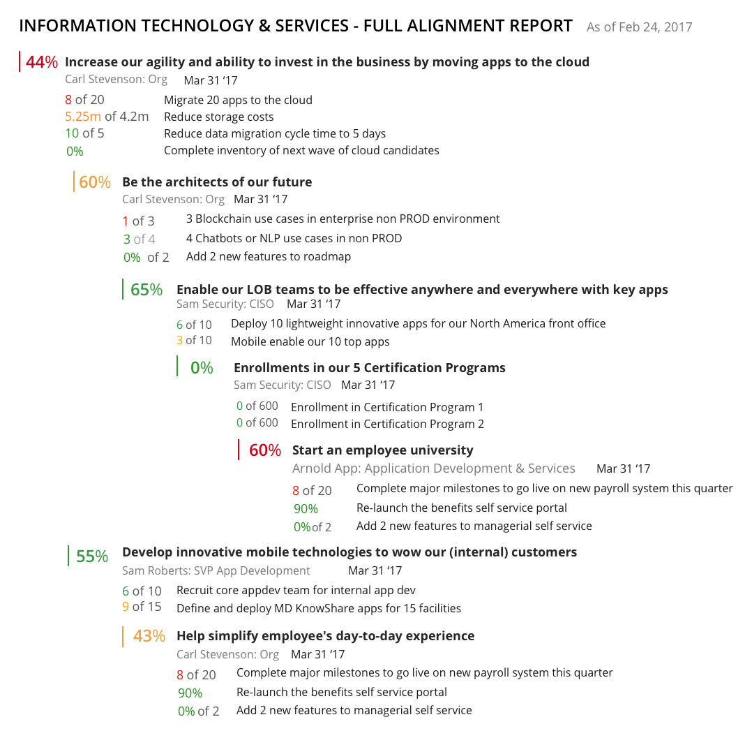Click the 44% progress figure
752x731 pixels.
(42, 62)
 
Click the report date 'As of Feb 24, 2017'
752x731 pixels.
(639, 27)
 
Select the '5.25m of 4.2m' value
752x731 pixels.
(107, 117)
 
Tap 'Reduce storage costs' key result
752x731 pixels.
(218, 117)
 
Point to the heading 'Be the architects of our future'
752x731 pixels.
(217, 182)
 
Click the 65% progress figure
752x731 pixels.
(146, 290)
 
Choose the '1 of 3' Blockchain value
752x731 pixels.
(138, 221)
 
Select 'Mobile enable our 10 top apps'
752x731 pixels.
(310, 341)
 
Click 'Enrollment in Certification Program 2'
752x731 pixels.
(387, 424)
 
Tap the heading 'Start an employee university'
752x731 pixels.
(382, 450)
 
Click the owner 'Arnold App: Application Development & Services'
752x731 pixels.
(433, 468)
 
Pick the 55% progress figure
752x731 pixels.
(92, 556)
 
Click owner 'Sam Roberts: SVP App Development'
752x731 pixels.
(216, 570)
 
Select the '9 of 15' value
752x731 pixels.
(142, 607)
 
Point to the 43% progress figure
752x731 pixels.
(149, 636)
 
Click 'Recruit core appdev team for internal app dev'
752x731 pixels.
(296, 591)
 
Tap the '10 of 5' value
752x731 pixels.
(84, 133)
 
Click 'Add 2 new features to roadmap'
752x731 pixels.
(268, 256)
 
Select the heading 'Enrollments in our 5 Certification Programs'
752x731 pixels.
(369, 368)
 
